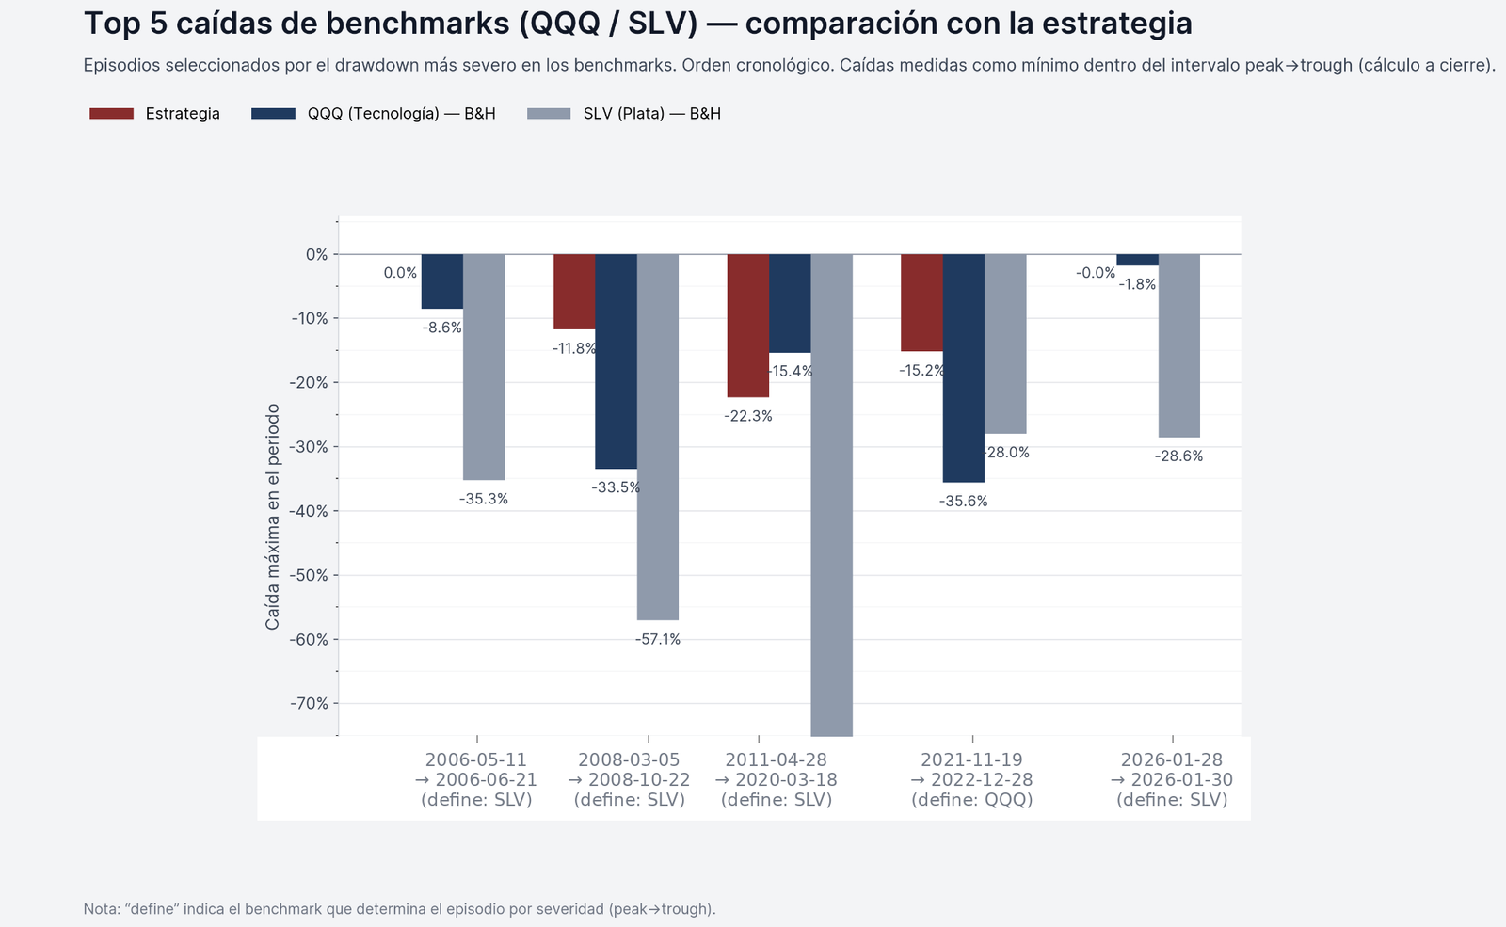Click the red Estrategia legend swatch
point(111,114)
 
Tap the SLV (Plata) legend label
point(651,114)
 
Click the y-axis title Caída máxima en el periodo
point(273,517)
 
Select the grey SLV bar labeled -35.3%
point(484,367)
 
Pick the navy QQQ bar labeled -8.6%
point(441,281)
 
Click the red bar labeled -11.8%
point(574,292)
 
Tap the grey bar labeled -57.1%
point(657,438)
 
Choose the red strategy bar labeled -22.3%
point(748,326)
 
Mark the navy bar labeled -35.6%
point(963,368)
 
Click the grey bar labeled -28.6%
point(1178,345)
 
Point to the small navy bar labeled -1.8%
point(1137,260)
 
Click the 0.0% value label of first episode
point(400,273)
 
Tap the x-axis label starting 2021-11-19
point(971,779)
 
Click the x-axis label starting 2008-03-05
point(629,779)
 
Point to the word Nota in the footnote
point(101,909)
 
